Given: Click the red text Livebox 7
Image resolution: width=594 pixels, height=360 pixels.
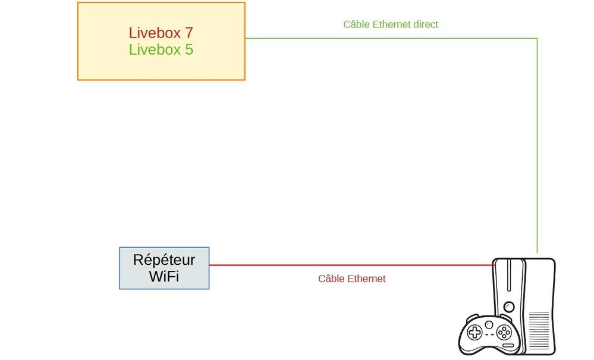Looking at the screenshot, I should [161, 33].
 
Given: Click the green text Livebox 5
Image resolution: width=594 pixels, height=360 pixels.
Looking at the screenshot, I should [161, 49].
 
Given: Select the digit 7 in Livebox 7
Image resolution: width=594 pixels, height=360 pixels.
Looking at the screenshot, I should [189, 33].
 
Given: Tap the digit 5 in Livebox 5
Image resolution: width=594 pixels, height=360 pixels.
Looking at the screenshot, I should [189, 49].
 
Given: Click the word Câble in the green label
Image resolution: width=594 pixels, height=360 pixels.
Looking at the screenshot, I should [356, 24].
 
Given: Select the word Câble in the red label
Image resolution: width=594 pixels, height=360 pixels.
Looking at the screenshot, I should [331, 278].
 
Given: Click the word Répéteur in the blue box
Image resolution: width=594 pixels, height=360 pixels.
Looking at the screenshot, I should [164, 260].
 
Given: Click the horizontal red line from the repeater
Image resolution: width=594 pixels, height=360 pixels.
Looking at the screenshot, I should [351, 265].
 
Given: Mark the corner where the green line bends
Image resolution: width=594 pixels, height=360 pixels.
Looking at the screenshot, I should [537, 39].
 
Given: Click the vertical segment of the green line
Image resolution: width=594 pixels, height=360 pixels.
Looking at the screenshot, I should [537, 149].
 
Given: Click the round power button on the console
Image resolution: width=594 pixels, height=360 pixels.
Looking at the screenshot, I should [509, 307].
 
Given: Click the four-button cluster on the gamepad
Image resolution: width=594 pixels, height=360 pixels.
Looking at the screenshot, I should [504, 331].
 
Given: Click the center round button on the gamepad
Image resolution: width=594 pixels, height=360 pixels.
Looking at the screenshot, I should [489, 324].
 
